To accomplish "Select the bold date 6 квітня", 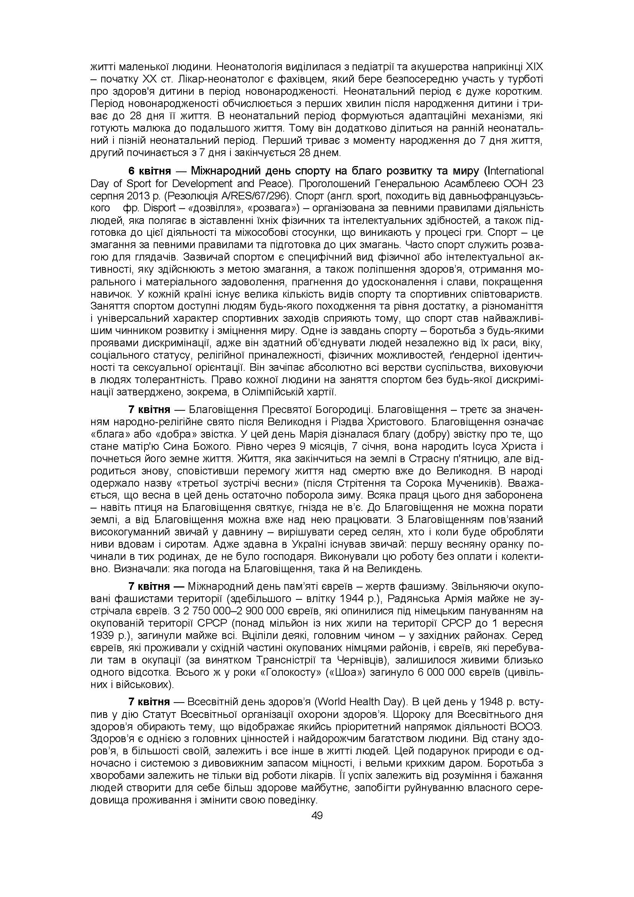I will click(x=149, y=171).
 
